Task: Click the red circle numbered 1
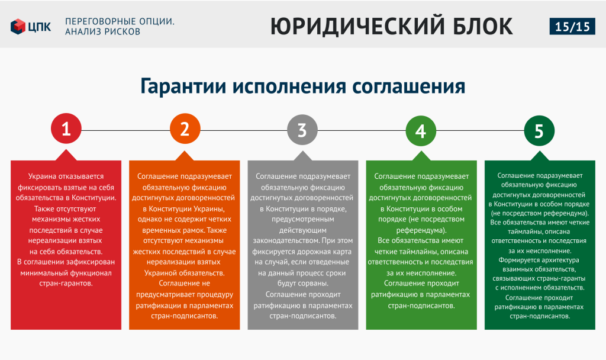pyautogui.click(x=66, y=128)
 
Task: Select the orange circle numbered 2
pyautogui.click(x=185, y=128)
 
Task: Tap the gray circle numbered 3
pyautogui.click(x=302, y=130)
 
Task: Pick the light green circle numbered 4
pyautogui.click(x=421, y=131)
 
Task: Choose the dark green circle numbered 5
pyautogui.click(x=539, y=131)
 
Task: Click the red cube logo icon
pyautogui.click(x=18, y=26)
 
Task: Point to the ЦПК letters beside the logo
pyautogui.click(x=40, y=27)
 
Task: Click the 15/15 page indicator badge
pyautogui.click(x=572, y=26)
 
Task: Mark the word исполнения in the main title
pyautogui.click(x=289, y=86)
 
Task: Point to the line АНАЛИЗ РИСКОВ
pyautogui.click(x=103, y=32)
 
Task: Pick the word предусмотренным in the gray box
pyautogui.click(x=302, y=219)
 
